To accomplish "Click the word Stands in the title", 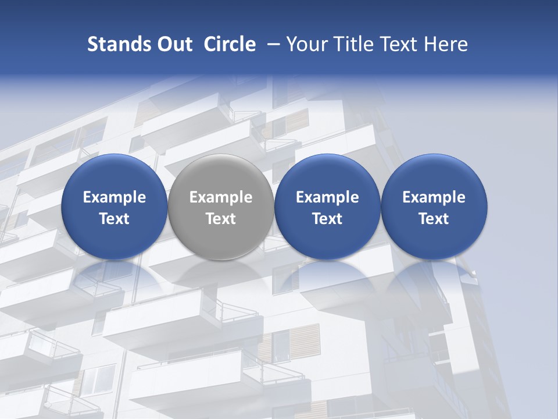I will pos(117,44).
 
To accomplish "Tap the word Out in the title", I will pos(173,44).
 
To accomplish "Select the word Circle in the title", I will pos(230,44).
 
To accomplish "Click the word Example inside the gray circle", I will pos(221,197).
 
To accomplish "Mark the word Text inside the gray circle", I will pos(221,219).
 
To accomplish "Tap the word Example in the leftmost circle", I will pos(114,197).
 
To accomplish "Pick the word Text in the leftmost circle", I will pos(114,219).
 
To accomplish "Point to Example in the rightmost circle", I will pos(434,197).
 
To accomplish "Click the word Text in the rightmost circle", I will pos(434,219).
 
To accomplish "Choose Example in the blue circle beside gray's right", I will pos(327,197).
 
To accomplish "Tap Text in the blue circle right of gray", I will pos(327,219).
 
